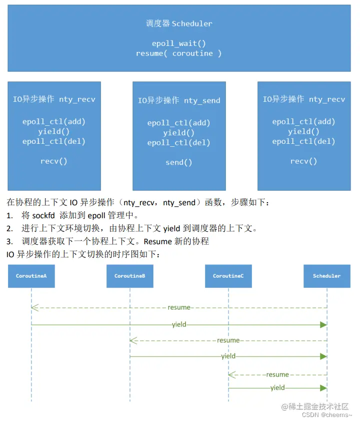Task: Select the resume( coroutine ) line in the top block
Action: pyautogui.click(x=178, y=53)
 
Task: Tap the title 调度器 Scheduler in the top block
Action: pyautogui.click(x=178, y=23)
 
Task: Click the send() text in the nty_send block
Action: pyautogui.click(x=178, y=162)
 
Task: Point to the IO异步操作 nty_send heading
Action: pyautogui.click(x=178, y=100)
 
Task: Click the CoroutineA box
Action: pyautogui.click(x=31, y=276)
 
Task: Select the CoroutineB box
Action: pyautogui.click(x=129, y=276)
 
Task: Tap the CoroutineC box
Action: pyautogui.click(x=228, y=276)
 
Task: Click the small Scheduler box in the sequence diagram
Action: pyautogui.click(x=326, y=276)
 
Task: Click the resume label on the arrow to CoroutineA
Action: pyautogui.click(x=178, y=308)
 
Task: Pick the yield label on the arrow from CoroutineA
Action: pyautogui.click(x=178, y=325)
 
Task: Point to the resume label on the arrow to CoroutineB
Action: pyautogui.click(x=228, y=340)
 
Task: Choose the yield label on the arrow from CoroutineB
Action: pyautogui.click(x=228, y=357)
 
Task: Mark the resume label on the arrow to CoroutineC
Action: pyautogui.click(x=277, y=374)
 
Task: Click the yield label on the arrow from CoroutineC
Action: pyautogui.click(x=277, y=388)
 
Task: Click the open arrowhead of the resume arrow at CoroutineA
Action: pyautogui.click(x=33, y=308)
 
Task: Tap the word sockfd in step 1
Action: pyautogui.click(x=44, y=216)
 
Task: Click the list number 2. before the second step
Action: pyautogui.click(x=9, y=229)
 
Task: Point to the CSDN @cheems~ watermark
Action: pyautogui.click(x=327, y=415)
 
